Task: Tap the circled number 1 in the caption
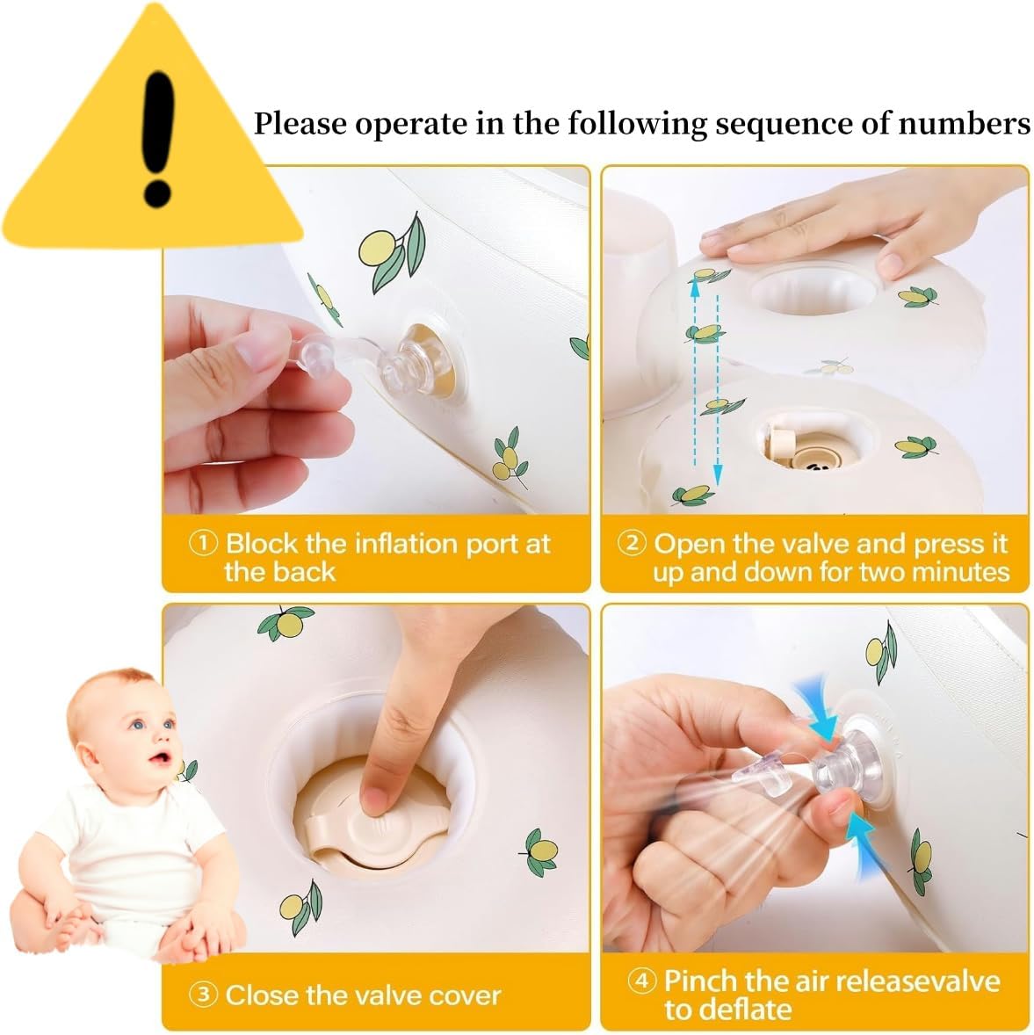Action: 203,543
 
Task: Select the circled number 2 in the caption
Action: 632,543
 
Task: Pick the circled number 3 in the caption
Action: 203,994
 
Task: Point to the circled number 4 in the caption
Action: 641,981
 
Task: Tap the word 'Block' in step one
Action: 262,543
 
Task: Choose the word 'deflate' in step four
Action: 727,1010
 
